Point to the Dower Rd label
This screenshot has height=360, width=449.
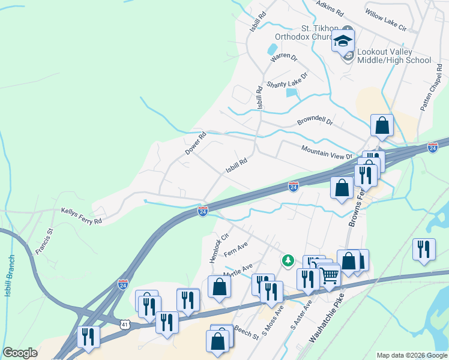click(x=196, y=143)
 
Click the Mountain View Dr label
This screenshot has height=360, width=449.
click(x=327, y=152)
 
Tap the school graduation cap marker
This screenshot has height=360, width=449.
click(x=343, y=41)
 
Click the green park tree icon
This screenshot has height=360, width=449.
click(x=288, y=260)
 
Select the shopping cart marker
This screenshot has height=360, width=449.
click(x=330, y=276)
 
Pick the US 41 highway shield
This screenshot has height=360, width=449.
click(x=124, y=324)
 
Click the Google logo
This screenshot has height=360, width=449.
click(x=20, y=353)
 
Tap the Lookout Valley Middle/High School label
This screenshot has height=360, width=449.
click(x=394, y=56)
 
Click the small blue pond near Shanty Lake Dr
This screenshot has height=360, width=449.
click(x=292, y=92)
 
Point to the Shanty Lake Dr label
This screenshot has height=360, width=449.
click(x=287, y=80)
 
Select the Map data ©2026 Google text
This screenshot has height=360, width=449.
click(x=411, y=355)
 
